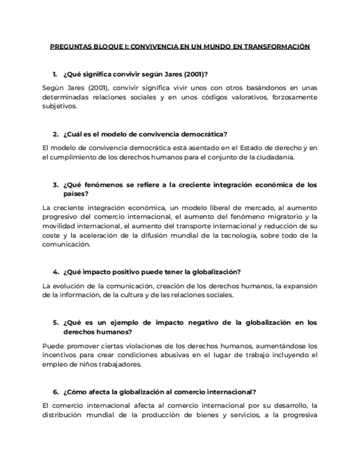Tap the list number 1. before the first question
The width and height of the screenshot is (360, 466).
tap(55, 74)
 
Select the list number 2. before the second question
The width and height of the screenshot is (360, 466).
tap(56, 134)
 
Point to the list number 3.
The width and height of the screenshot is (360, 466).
tap(56, 185)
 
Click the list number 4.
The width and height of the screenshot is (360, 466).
tap(56, 272)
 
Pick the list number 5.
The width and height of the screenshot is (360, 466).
tap(56, 323)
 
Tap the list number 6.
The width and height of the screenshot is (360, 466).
tap(56, 392)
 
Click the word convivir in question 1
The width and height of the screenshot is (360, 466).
tap(121, 74)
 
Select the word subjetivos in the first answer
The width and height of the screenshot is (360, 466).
tap(58, 107)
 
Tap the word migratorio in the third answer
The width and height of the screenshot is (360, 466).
tap(286, 217)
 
